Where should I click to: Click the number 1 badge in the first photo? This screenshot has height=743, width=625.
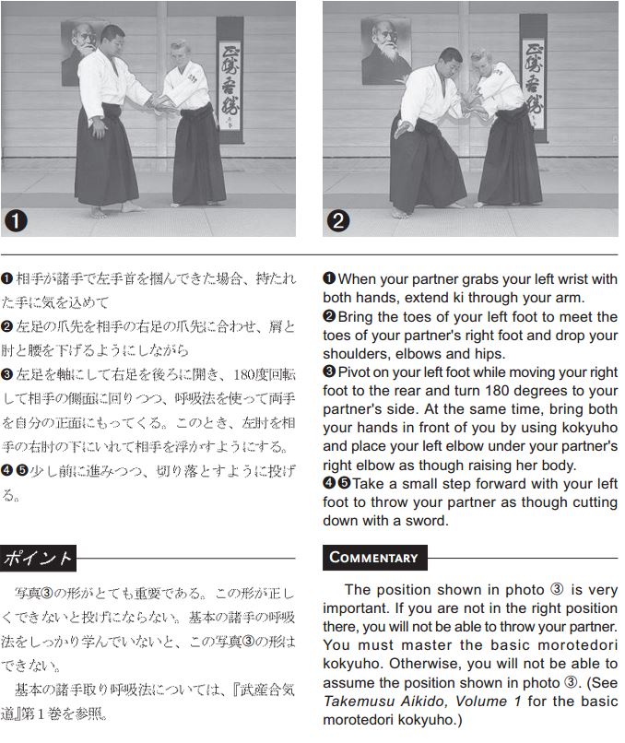(x=16, y=221)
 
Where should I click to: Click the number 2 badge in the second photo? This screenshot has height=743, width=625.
(x=338, y=221)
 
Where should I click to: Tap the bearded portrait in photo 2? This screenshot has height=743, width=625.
(x=385, y=51)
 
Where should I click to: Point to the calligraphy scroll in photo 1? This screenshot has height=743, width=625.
(x=230, y=79)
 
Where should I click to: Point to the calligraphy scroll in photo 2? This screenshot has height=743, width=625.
(x=534, y=77)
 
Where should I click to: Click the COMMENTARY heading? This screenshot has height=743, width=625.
(x=375, y=558)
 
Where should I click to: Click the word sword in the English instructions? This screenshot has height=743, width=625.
(x=426, y=521)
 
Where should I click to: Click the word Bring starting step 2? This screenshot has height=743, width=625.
(x=356, y=317)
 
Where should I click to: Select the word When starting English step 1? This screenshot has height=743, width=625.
(x=356, y=279)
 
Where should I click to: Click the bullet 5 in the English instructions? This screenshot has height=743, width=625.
(x=345, y=483)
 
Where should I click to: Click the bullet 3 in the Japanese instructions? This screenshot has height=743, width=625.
(x=6, y=374)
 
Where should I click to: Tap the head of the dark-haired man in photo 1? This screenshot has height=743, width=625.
(x=112, y=38)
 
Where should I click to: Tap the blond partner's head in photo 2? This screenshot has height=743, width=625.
(x=480, y=62)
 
